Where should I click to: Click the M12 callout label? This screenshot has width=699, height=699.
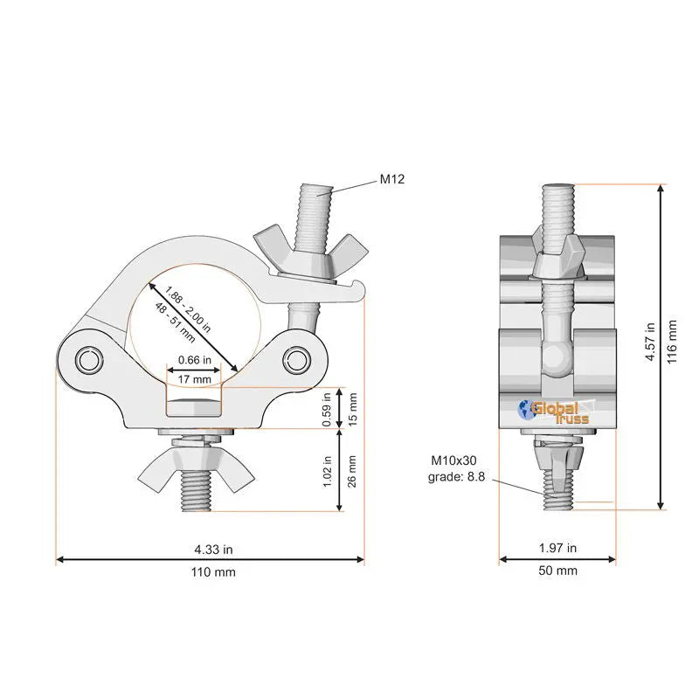point(392,179)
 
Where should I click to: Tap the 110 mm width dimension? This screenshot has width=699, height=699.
point(213,572)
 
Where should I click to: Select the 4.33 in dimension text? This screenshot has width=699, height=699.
point(213,550)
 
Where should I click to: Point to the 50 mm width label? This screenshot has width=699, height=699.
point(557,571)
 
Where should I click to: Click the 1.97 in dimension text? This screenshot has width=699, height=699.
point(557,548)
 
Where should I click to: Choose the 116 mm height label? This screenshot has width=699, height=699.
point(672,342)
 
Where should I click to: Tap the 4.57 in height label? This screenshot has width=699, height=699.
point(650,342)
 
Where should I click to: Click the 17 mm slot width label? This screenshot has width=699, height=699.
point(194,380)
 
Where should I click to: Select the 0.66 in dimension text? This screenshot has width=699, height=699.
point(194,360)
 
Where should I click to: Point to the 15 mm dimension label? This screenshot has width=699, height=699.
point(353,409)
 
